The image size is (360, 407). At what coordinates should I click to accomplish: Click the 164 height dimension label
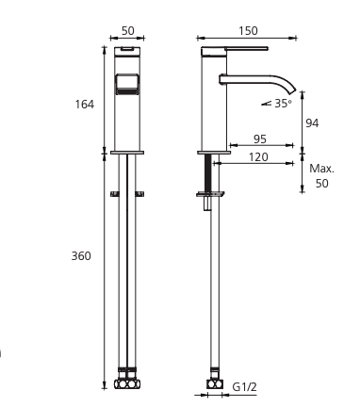(x=85, y=104)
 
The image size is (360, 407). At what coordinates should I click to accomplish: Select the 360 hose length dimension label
(x=81, y=256)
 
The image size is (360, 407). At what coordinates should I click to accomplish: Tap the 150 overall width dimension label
(x=248, y=31)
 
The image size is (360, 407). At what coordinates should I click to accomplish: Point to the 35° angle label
(x=283, y=103)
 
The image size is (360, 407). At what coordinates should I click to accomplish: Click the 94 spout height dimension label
(x=312, y=123)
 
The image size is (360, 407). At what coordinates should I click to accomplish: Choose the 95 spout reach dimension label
(x=260, y=139)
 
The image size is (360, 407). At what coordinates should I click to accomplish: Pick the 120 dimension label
(x=258, y=157)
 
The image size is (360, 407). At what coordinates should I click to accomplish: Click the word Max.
(x=322, y=169)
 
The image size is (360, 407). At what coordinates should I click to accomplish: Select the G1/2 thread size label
(x=244, y=387)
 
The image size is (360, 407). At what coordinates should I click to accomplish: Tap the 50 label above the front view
(x=127, y=31)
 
